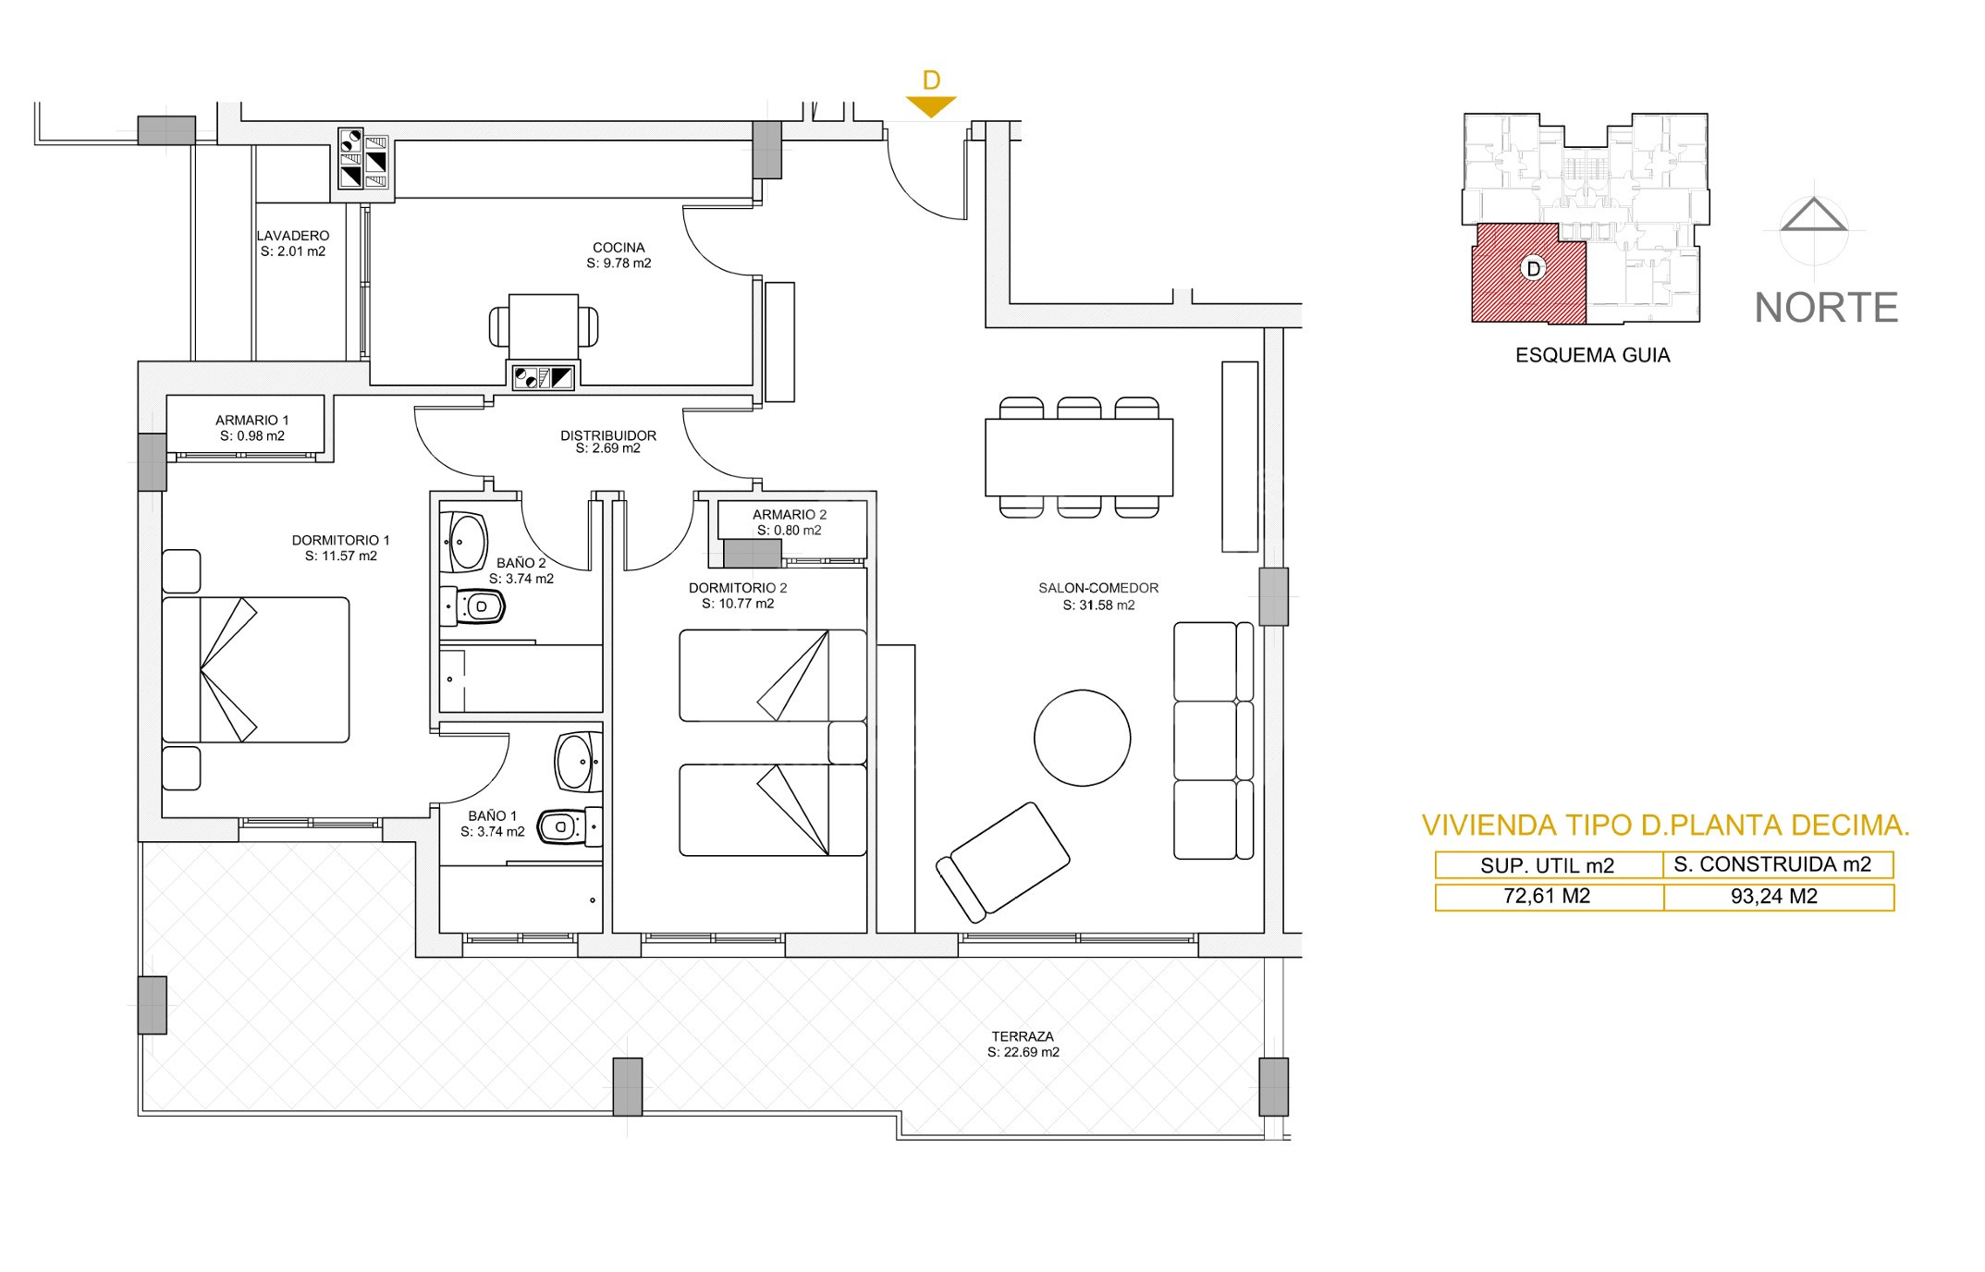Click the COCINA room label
click(x=619, y=248)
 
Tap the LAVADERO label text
click(x=293, y=236)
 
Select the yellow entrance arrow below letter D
click(x=930, y=106)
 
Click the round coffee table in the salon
click(x=1082, y=738)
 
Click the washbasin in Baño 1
click(x=578, y=762)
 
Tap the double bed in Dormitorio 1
click(x=256, y=669)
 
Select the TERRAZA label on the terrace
click(x=1023, y=1036)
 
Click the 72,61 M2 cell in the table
click(x=1549, y=896)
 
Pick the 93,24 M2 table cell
click(x=1778, y=896)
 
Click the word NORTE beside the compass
click(x=1826, y=308)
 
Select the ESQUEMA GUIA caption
click(x=1592, y=355)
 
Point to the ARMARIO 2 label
click(x=789, y=515)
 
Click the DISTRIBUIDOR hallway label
click(x=608, y=435)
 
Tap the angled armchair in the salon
click(x=1002, y=862)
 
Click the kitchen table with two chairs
click(x=544, y=326)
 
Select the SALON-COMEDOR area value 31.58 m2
click(x=1098, y=605)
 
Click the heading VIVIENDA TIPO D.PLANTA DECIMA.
click(x=1665, y=826)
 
